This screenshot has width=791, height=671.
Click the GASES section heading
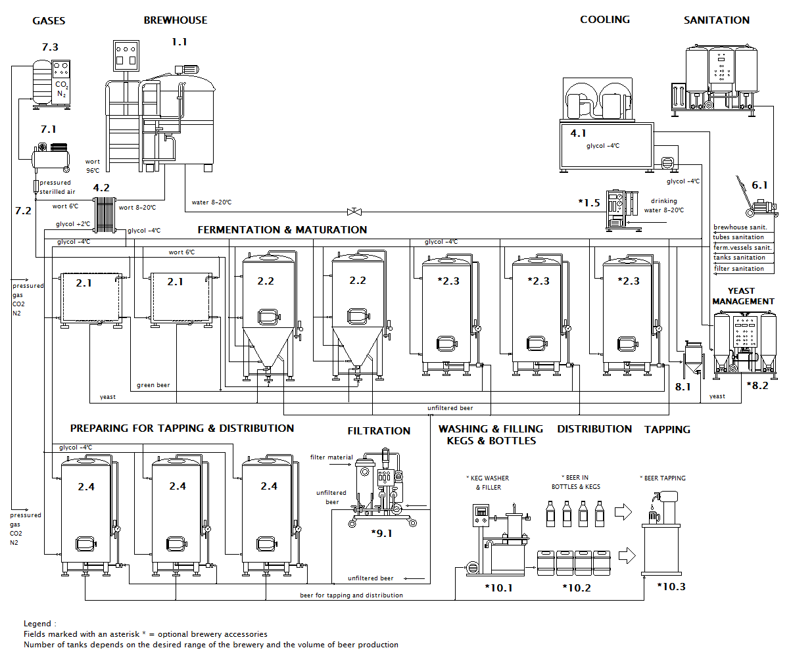point(49,20)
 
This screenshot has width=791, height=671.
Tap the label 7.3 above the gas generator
point(50,47)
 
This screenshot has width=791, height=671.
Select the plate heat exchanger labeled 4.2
point(105,215)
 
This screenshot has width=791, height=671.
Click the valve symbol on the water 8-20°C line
point(354,212)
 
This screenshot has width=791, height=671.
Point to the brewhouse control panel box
point(126,55)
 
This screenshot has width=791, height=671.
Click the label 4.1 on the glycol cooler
point(578,133)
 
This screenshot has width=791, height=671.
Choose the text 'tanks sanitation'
point(739,258)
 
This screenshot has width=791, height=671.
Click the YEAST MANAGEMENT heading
point(743,296)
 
